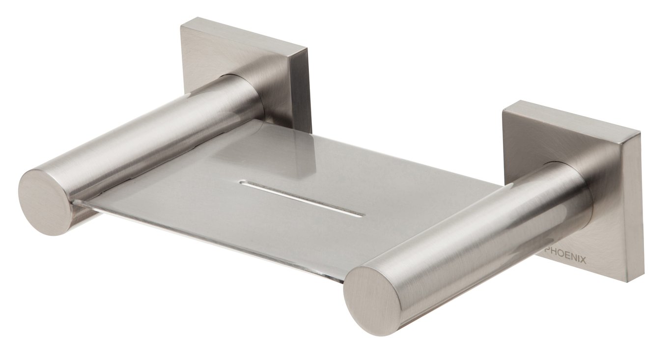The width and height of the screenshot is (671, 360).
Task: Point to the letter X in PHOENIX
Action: pos(584,261)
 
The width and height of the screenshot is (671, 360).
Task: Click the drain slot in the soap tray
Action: pos(302,198)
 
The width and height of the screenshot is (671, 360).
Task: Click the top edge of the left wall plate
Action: pos(244,34)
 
